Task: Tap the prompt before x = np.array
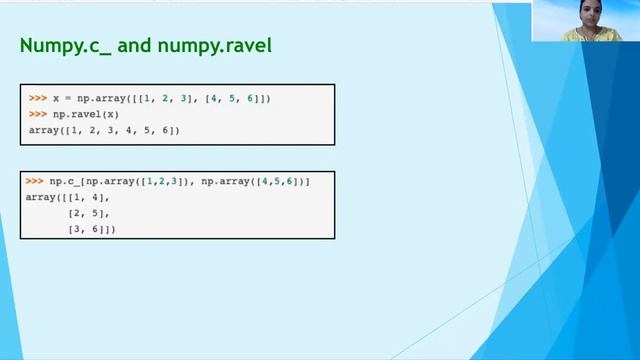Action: [x=37, y=99]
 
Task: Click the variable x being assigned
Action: [x=57, y=99]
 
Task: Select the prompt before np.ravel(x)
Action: [x=37, y=115]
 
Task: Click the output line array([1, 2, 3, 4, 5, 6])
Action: [x=104, y=131]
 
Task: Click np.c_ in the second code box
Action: [x=64, y=181]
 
